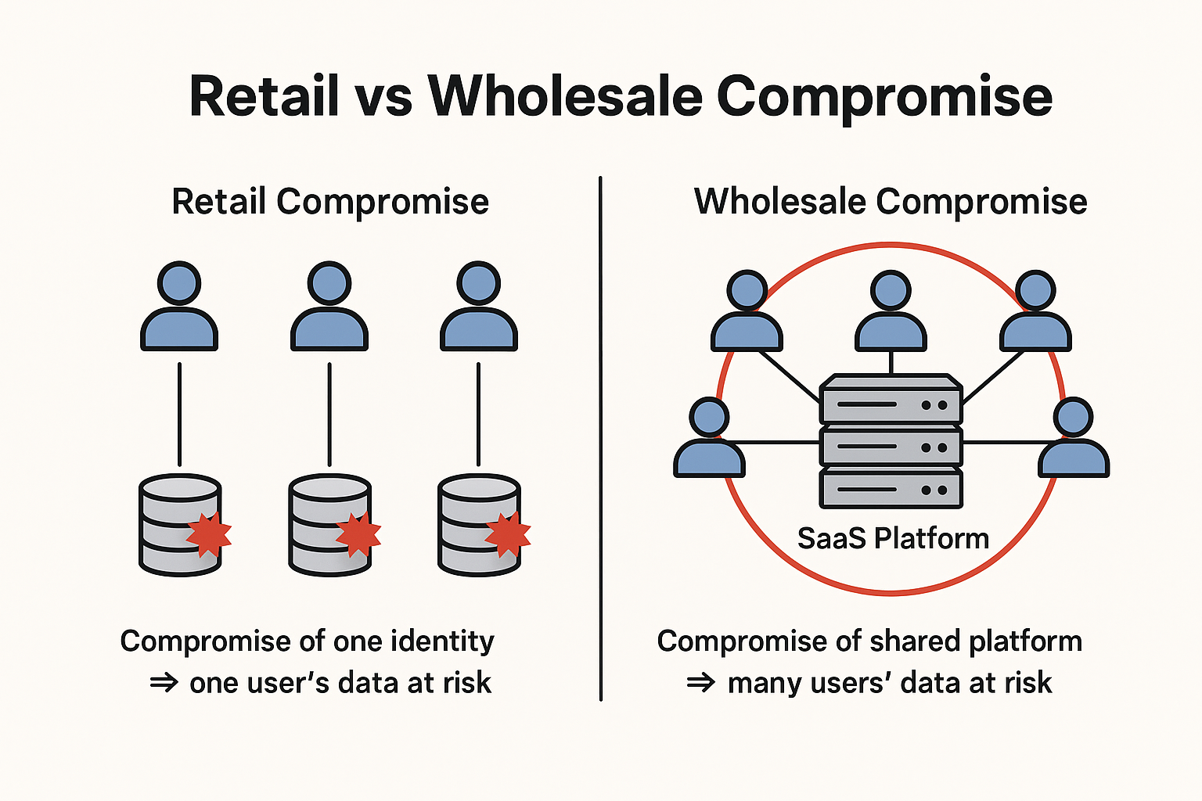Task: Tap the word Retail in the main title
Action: (265, 97)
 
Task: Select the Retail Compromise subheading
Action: (330, 202)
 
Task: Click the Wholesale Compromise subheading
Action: (891, 202)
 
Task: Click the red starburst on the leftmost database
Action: (209, 534)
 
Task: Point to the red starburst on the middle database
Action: (358, 534)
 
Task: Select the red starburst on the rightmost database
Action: (508, 534)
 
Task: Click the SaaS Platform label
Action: (893, 539)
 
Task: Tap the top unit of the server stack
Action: (891, 400)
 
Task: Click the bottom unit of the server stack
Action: (891, 488)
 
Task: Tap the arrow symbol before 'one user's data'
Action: (164, 684)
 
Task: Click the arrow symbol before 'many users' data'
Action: (701, 684)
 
